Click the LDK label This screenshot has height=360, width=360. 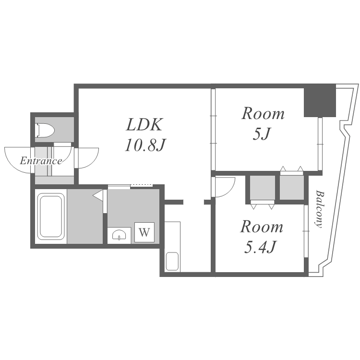(x=144, y=124)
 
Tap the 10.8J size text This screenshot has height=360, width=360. (x=145, y=145)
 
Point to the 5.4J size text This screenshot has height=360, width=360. (x=260, y=247)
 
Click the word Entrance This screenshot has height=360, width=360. (x=41, y=161)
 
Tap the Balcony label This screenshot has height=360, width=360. (x=319, y=209)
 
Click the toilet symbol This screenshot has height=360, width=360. (x=45, y=130)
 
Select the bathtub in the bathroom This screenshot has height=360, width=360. (x=51, y=216)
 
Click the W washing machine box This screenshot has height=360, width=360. (x=144, y=232)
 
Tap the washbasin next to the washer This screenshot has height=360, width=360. (x=119, y=235)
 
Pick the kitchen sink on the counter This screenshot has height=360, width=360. (x=172, y=261)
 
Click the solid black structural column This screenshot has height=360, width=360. (x=320, y=101)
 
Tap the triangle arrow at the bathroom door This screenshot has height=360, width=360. (x=98, y=196)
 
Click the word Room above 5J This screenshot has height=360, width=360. (x=263, y=114)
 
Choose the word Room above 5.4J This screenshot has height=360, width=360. (x=262, y=227)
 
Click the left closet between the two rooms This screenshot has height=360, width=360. (x=263, y=188)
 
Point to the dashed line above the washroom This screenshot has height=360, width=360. (x=142, y=185)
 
